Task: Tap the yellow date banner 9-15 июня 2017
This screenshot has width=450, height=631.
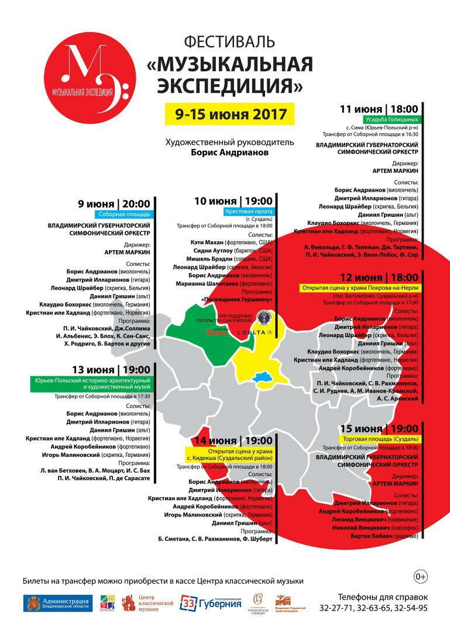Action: [x=226, y=113]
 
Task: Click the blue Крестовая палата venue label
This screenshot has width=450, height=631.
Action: [x=249, y=211]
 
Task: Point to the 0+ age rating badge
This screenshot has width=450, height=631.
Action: [x=421, y=577]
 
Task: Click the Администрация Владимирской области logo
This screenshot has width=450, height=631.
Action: [x=58, y=603]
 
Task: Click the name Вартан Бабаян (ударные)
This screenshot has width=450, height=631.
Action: [x=384, y=536]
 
